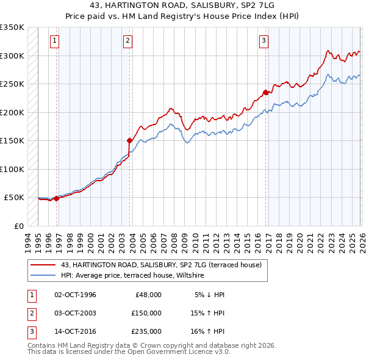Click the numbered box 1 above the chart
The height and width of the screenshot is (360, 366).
coord(54,41)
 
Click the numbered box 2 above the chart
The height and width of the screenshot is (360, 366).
coord(127,41)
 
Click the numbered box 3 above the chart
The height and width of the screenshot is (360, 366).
coord(264,41)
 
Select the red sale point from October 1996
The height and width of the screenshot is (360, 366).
coord(56,198)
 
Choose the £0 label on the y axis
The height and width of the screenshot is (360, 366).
coord(20,226)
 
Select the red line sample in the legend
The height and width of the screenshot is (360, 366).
coord(43,265)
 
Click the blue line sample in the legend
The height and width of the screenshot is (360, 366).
coord(43,276)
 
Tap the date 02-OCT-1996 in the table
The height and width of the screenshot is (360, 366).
coord(75,295)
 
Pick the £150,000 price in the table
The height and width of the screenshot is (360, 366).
coord(146,313)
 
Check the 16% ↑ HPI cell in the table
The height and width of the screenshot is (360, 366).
coord(207,331)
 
